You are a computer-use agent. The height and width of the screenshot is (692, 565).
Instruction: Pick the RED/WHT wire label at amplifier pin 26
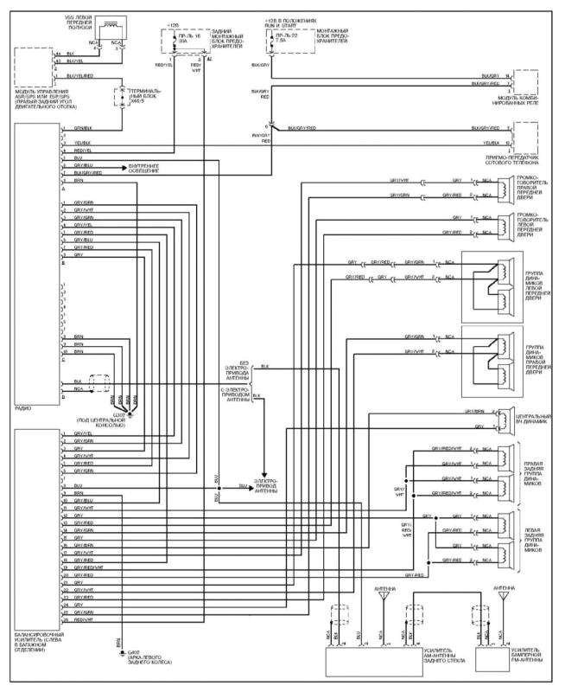[x=85, y=620]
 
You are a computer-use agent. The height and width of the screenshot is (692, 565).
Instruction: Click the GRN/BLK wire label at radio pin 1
[x=83, y=129]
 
